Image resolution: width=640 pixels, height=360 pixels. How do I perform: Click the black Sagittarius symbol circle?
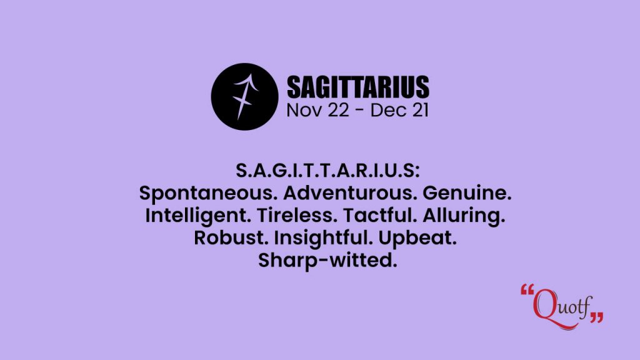(x=244, y=97)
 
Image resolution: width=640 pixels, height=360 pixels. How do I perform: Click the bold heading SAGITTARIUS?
(x=358, y=87)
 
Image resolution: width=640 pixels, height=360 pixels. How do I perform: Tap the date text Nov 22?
(x=317, y=110)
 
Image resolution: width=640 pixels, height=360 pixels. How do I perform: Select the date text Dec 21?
(x=399, y=110)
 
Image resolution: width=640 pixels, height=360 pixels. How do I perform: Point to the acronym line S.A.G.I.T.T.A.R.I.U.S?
(x=327, y=171)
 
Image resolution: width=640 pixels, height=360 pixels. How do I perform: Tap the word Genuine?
(x=467, y=192)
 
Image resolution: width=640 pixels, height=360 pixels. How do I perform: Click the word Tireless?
(x=297, y=215)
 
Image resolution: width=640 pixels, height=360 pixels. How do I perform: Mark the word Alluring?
(x=464, y=216)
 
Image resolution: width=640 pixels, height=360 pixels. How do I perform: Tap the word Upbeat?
(x=417, y=238)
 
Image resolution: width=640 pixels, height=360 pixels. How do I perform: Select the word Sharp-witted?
(x=327, y=261)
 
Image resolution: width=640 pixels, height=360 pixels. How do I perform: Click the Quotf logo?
(x=562, y=307)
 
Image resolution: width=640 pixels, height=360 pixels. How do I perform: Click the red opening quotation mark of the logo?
(x=527, y=290)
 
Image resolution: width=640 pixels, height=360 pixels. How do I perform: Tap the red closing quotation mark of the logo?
(x=596, y=317)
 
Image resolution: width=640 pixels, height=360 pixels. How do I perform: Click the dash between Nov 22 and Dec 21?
(x=359, y=111)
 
